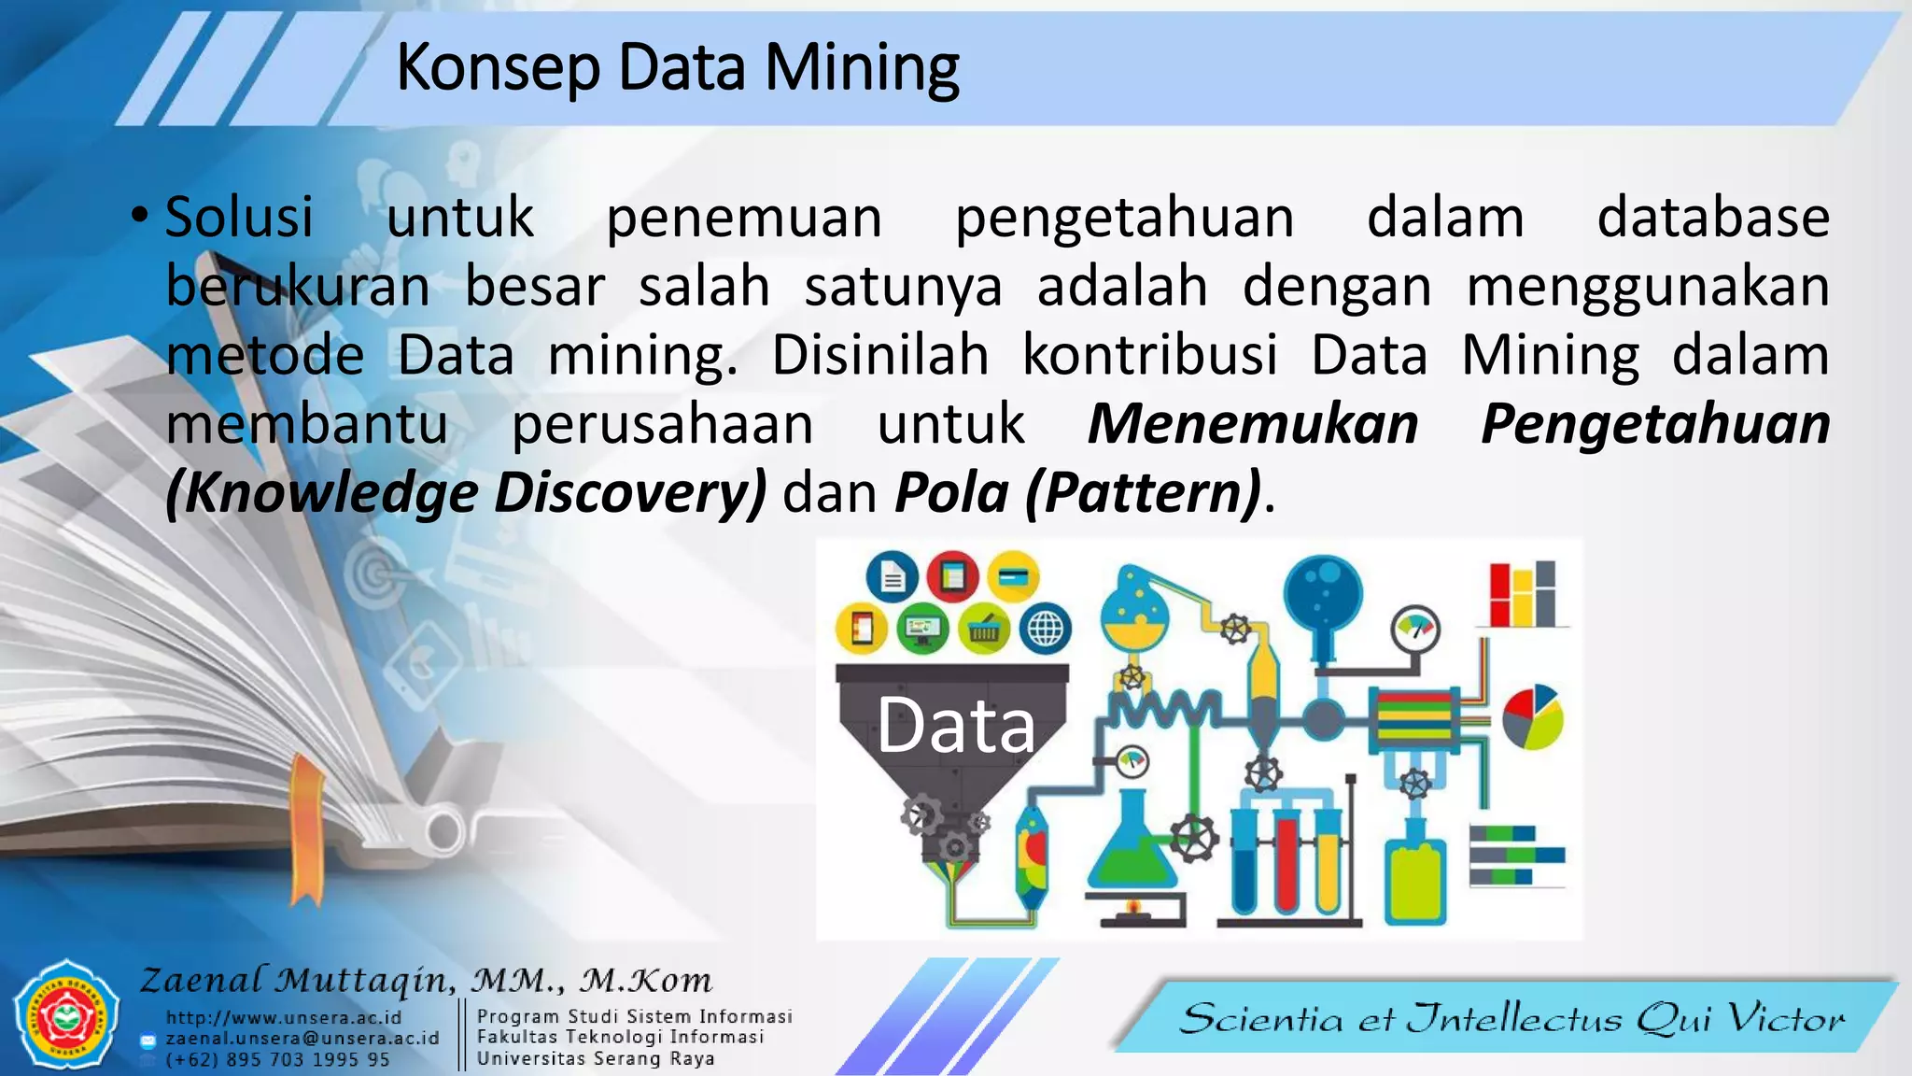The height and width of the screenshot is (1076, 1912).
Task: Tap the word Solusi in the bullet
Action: (x=239, y=218)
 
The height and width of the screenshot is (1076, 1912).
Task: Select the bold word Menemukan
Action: (x=1253, y=424)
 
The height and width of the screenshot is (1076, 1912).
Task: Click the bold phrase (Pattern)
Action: (x=1143, y=493)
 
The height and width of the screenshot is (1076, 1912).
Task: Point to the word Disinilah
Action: (x=879, y=356)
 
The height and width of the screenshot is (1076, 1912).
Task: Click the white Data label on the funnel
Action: (x=955, y=725)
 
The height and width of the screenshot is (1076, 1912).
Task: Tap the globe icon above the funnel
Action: (x=1045, y=629)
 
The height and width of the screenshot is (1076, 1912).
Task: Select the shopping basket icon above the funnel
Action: (x=983, y=629)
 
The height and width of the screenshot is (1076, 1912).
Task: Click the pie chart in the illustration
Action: (x=1532, y=717)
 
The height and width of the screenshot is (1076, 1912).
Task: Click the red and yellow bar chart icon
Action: (x=1522, y=594)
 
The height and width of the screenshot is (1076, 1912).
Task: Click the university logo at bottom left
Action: (x=66, y=1015)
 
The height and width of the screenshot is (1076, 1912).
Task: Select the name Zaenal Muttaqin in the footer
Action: (x=297, y=980)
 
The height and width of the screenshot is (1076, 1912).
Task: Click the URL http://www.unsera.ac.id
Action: (x=284, y=1017)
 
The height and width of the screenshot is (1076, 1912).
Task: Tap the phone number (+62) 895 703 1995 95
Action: (x=277, y=1060)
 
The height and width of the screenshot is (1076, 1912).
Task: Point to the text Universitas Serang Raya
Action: (x=596, y=1058)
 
